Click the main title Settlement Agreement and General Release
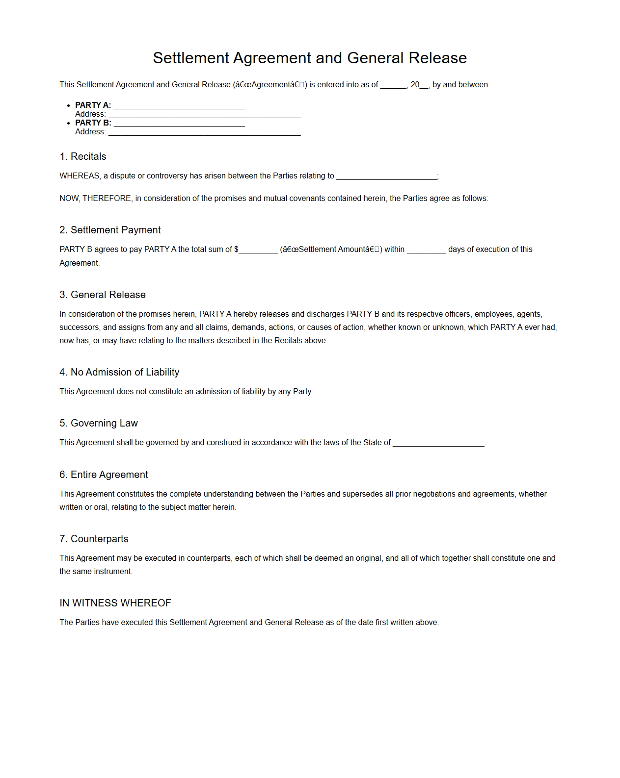click(310, 58)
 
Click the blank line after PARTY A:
click(179, 106)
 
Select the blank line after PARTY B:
click(179, 124)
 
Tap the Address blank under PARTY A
click(204, 115)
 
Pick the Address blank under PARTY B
click(204, 132)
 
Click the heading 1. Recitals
click(83, 156)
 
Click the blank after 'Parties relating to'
click(386, 177)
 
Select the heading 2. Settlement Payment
click(110, 230)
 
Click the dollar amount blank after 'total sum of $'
click(258, 251)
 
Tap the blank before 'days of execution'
click(426, 251)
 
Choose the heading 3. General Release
click(103, 295)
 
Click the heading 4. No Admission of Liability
click(119, 372)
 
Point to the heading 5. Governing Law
click(99, 423)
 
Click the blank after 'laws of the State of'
click(438, 444)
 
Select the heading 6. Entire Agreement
click(104, 475)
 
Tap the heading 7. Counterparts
click(94, 539)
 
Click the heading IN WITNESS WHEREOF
click(115, 603)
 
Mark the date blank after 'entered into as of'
click(393, 86)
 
